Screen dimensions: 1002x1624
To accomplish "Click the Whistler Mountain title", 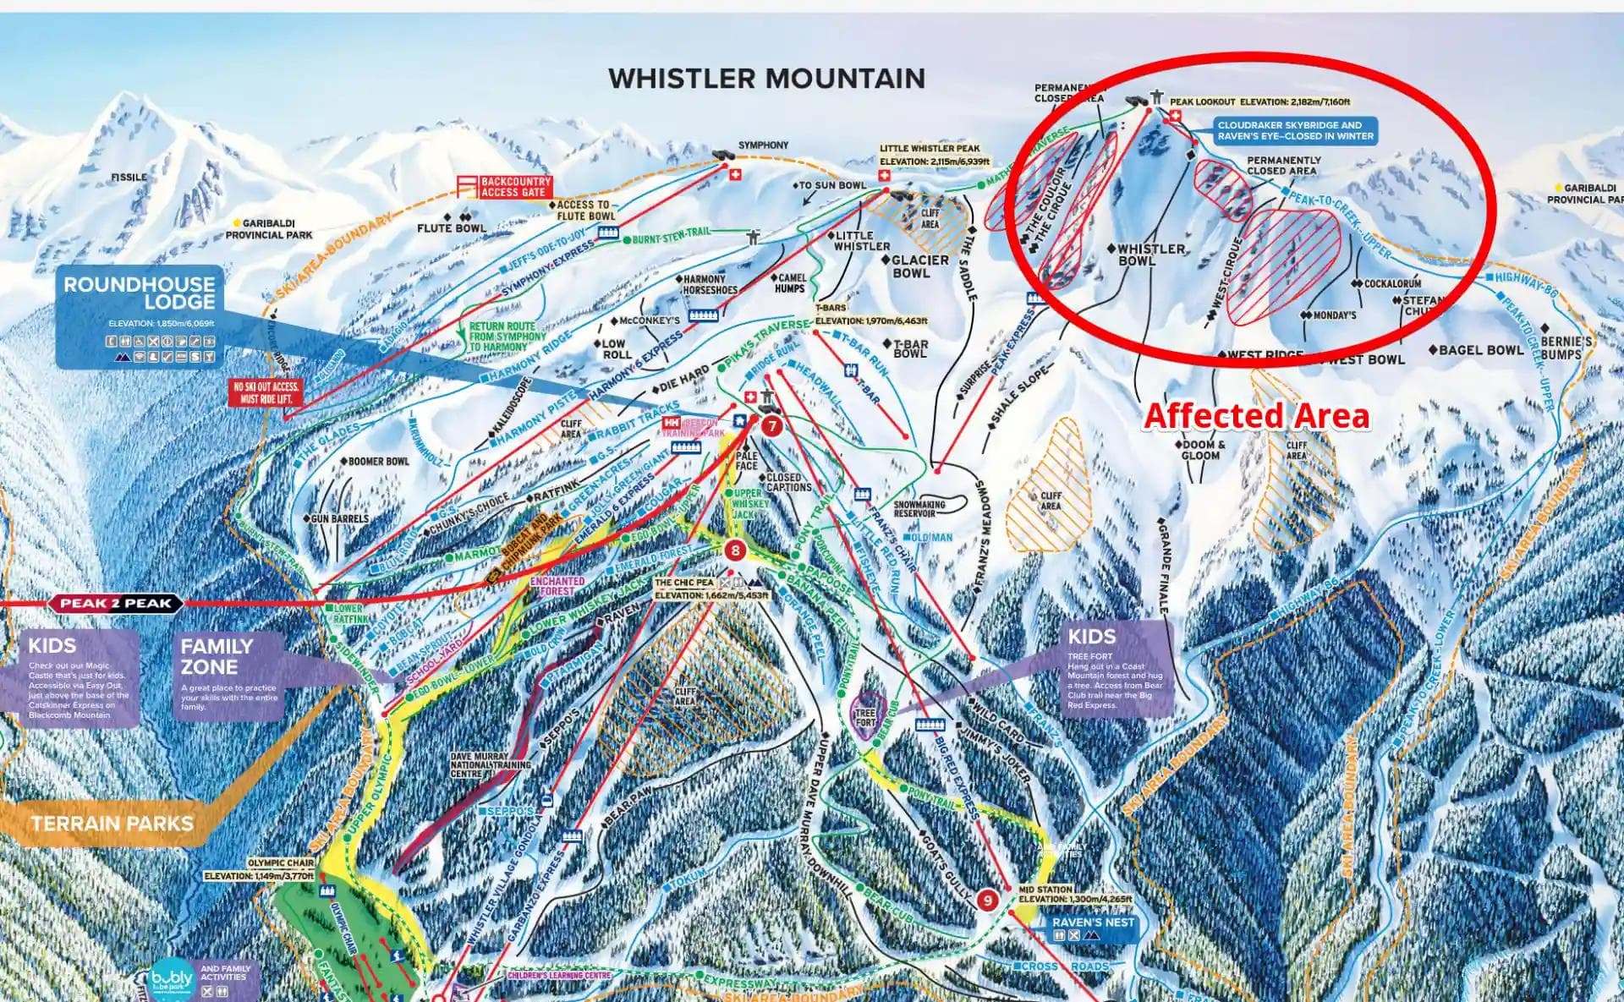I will tap(766, 79).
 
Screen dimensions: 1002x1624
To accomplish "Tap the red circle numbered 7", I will tap(771, 425).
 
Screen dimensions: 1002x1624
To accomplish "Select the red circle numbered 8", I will tap(735, 551).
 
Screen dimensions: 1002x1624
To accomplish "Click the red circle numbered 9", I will tap(988, 901).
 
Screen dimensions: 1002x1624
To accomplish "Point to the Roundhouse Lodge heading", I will tap(140, 293).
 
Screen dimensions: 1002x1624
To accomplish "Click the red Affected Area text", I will tap(1256, 416).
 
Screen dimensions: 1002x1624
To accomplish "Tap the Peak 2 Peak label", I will tap(116, 604).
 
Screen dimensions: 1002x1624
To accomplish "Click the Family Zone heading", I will tap(217, 656).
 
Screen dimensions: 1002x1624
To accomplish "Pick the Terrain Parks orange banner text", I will tap(112, 823).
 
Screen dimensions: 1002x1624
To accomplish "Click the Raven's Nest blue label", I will tap(1093, 922).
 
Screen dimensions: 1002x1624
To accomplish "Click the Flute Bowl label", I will tap(451, 228).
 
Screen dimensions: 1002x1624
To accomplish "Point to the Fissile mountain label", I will tap(129, 178).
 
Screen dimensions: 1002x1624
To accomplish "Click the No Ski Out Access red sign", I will tap(266, 392).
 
